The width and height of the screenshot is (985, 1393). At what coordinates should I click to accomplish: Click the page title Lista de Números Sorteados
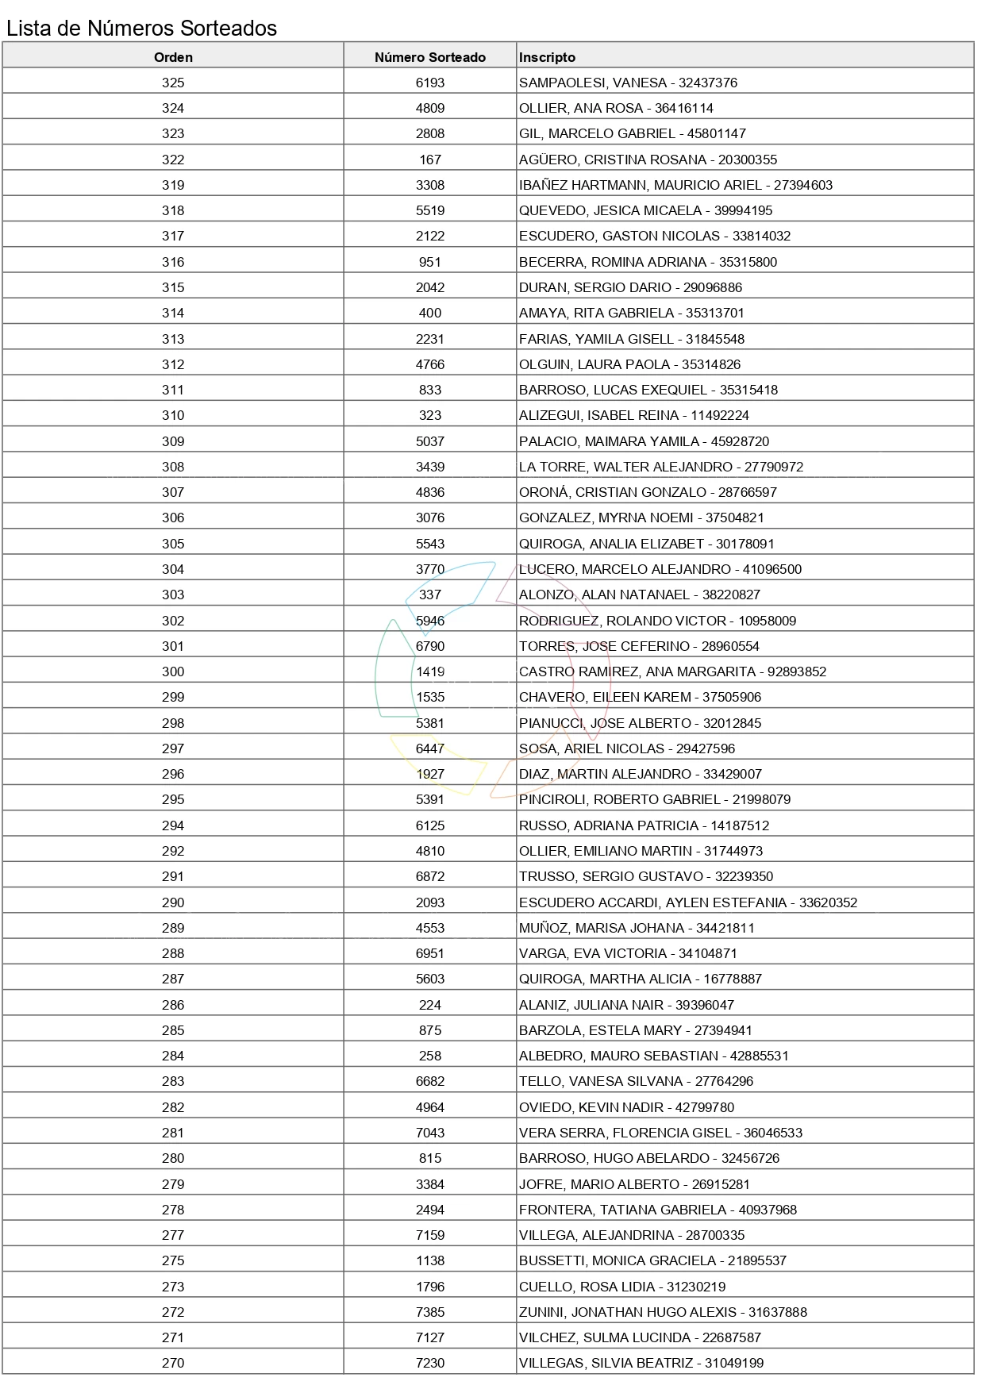coord(141,29)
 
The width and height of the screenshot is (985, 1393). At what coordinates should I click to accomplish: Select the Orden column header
coord(173,57)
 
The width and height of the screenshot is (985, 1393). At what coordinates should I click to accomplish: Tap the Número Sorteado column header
coord(429,57)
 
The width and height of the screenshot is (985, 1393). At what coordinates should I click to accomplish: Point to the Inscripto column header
coord(547,57)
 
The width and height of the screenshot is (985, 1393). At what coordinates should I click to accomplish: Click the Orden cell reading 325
coord(173,83)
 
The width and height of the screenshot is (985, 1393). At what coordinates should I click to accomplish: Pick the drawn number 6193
coord(429,83)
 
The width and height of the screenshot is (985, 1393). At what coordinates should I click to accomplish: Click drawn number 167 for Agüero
coord(429,160)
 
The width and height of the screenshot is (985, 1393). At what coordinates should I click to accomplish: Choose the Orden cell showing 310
coord(173,415)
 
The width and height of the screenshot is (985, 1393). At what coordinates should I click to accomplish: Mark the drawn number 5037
coord(429,441)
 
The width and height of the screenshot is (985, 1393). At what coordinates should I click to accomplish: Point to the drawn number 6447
coord(429,748)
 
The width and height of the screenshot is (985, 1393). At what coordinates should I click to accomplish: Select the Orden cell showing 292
coord(173,851)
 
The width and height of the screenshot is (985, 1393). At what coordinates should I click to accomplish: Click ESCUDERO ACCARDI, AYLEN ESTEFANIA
coord(652,902)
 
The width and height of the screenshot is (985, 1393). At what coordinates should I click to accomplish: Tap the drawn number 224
coord(429,1005)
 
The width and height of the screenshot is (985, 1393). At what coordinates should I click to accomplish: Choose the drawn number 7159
coord(429,1235)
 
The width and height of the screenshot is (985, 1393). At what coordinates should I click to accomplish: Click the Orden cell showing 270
coord(173,1363)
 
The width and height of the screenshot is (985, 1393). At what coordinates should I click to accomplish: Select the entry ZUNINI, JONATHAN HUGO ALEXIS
coord(628,1312)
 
